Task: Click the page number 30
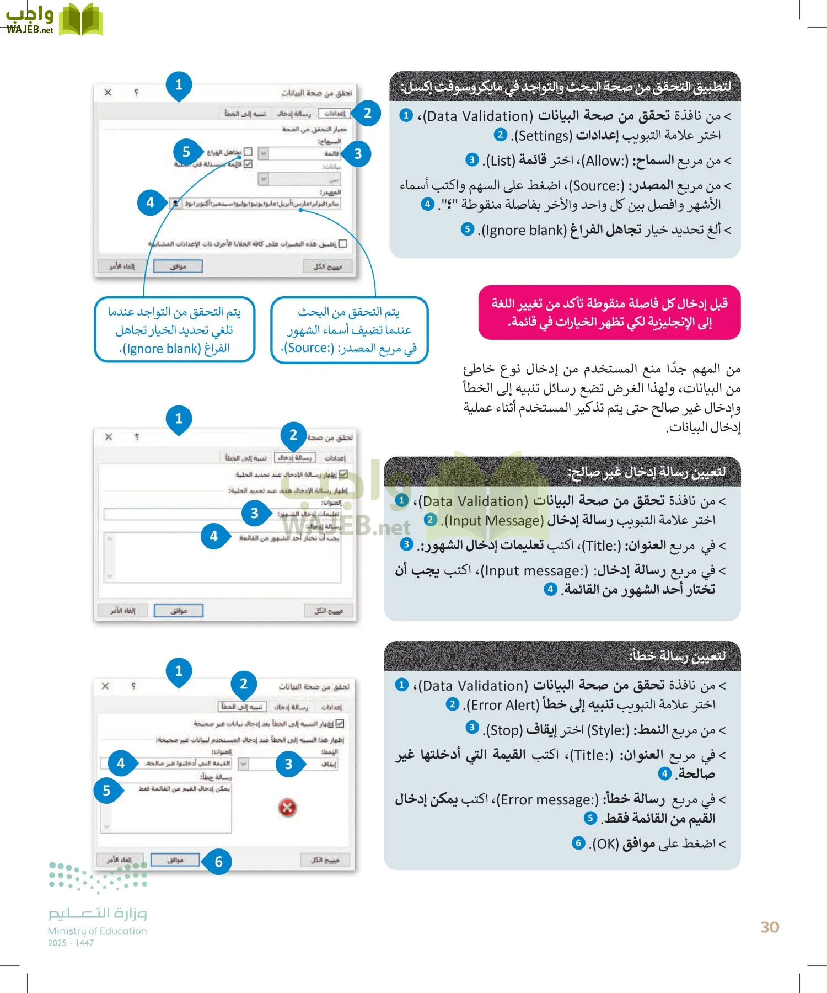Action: [x=770, y=927]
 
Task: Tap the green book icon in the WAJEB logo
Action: [x=80, y=19]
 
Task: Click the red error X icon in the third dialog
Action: [x=287, y=808]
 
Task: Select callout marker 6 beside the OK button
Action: [x=218, y=862]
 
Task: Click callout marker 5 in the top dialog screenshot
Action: [x=186, y=152]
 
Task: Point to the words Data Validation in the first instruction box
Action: [x=478, y=116]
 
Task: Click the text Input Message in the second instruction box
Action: [x=494, y=521]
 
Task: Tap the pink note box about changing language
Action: [x=609, y=312]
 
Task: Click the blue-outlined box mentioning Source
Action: [x=349, y=330]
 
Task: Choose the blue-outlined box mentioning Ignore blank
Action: [x=174, y=330]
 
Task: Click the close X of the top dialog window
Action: [x=108, y=93]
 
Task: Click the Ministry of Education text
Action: [x=97, y=931]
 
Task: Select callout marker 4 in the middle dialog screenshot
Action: [x=213, y=536]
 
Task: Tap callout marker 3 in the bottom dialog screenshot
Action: [x=288, y=764]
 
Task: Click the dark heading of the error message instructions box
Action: [x=562, y=656]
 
